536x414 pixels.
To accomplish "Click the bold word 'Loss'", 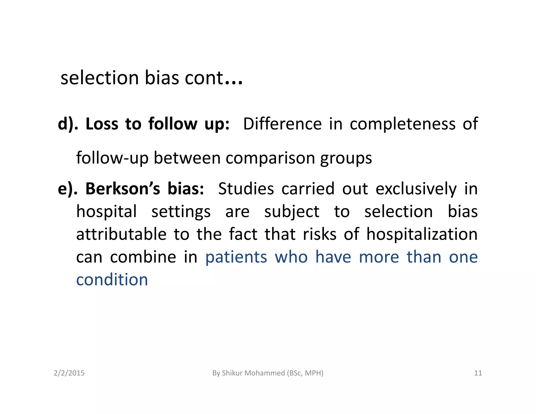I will pyautogui.click(x=102, y=124).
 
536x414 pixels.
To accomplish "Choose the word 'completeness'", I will pyautogui.click(x=403, y=124).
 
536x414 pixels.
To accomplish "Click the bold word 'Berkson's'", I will pyautogui.click(x=123, y=189).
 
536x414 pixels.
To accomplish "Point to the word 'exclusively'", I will pyautogui.click(x=416, y=189).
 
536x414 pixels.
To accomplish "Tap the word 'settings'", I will pyautogui.click(x=181, y=212).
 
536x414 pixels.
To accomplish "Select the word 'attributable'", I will pyautogui.click(x=121, y=234).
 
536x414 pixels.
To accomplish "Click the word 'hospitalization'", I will pyautogui.click(x=422, y=234).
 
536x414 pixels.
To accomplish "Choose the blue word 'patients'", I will pyautogui.click(x=236, y=257).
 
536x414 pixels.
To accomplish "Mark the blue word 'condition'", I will pyautogui.click(x=112, y=280).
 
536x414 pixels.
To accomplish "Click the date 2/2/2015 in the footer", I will pyautogui.click(x=69, y=373).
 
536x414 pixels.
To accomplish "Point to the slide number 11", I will pyautogui.click(x=478, y=373).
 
